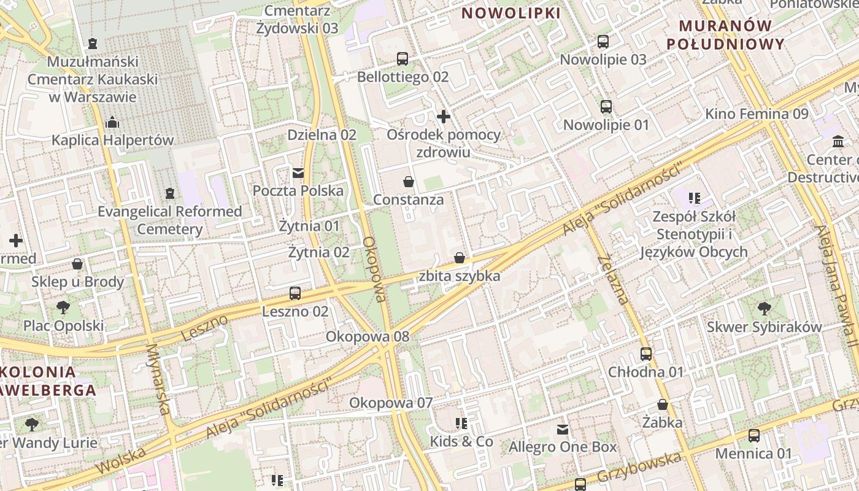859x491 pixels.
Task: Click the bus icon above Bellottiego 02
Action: pyautogui.click(x=403, y=59)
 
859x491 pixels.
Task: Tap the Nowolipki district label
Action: pyautogui.click(x=511, y=13)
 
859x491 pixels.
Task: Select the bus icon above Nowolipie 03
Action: pyautogui.click(x=603, y=42)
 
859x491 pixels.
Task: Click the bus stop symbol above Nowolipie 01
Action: pyautogui.click(x=606, y=107)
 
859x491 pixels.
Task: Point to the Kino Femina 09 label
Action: pyautogui.click(x=757, y=114)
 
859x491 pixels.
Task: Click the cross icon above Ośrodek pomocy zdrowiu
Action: pyautogui.click(x=444, y=116)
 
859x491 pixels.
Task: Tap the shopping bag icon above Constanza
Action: pyautogui.click(x=409, y=182)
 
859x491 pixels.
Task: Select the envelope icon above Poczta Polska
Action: pyautogui.click(x=298, y=172)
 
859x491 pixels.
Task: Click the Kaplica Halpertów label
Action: pyautogui.click(x=113, y=140)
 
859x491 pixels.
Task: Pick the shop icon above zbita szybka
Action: pyautogui.click(x=460, y=258)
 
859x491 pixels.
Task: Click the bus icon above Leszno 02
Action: pyautogui.click(x=295, y=293)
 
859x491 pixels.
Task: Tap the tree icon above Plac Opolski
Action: pyautogui.click(x=63, y=307)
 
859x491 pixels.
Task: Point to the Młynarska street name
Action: pyautogui.click(x=157, y=379)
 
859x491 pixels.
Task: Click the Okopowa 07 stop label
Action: pyautogui.click(x=391, y=403)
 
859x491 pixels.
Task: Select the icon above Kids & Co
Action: pyautogui.click(x=461, y=423)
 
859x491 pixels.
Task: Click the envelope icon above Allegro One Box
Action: pyautogui.click(x=563, y=429)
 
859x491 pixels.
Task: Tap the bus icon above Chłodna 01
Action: pyautogui.click(x=646, y=354)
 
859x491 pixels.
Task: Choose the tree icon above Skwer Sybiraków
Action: pyautogui.click(x=764, y=308)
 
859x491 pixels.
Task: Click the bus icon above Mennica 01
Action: pyautogui.click(x=754, y=436)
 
